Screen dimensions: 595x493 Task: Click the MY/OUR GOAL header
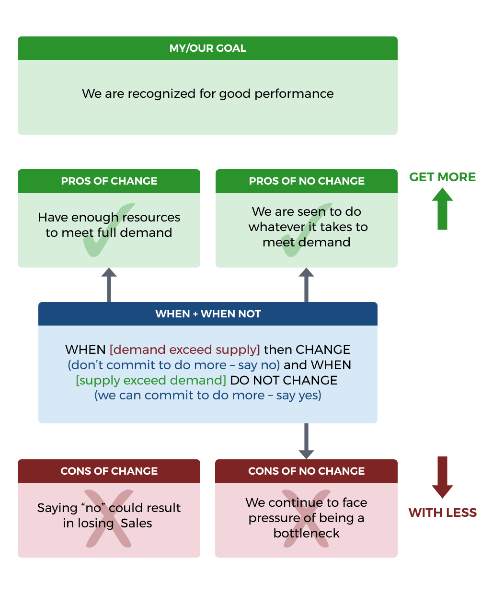[207, 48]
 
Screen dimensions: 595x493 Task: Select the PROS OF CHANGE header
[109, 181]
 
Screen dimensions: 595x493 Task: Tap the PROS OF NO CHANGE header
[307, 181]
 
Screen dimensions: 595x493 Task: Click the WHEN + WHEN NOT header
[208, 314]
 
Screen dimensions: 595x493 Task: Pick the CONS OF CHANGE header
[109, 471]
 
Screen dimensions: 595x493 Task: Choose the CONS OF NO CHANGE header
[306, 471]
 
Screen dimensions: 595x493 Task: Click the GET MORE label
[442, 177]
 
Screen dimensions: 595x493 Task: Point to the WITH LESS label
[442, 513]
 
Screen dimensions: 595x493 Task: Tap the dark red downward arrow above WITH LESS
[442, 477]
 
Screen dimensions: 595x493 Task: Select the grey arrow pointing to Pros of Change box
[109, 285]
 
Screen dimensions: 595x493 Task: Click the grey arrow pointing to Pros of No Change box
[306, 285]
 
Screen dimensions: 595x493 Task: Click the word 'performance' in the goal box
[294, 94]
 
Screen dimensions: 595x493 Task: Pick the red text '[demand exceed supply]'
[185, 350]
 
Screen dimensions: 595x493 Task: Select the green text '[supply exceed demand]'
[151, 380]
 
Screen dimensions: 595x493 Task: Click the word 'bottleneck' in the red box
[306, 533]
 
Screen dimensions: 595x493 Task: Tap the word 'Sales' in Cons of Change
[136, 523]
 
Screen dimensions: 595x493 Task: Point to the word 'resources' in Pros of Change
[151, 218]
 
